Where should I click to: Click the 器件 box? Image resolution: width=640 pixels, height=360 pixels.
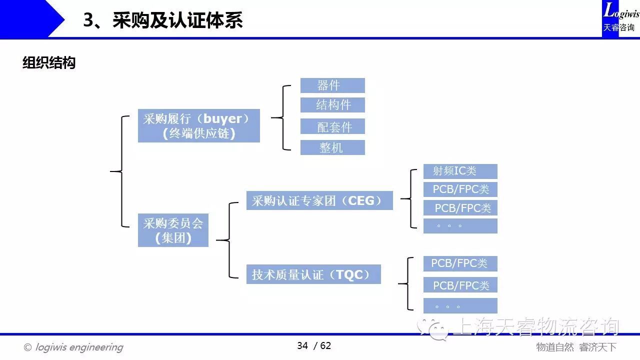(x=332, y=85)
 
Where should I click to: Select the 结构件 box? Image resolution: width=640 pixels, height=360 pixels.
(x=332, y=105)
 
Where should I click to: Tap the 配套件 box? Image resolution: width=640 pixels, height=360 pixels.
(x=332, y=126)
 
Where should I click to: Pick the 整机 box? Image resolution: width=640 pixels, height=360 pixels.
(x=332, y=147)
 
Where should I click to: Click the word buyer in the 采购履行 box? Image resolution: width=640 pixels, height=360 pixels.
(x=222, y=119)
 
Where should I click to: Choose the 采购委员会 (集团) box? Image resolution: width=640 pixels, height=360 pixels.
(x=173, y=230)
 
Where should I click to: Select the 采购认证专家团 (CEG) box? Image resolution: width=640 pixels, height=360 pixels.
(x=319, y=200)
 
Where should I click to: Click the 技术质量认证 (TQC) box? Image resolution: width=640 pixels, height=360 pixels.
(x=313, y=274)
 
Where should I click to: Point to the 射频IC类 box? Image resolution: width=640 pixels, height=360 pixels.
(x=460, y=171)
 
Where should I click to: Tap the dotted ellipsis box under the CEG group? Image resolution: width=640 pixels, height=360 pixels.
(x=460, y=226)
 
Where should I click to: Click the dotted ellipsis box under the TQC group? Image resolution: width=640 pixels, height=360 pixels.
(x=460, y=305)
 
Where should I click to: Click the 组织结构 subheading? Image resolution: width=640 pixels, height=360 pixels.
(x=49, y=62)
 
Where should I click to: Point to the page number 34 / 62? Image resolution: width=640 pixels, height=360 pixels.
(x=314, y=345)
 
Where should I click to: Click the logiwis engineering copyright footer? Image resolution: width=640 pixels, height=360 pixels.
(x=73, y=347)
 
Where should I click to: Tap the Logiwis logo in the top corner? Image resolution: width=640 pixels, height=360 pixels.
(x=620, y=17)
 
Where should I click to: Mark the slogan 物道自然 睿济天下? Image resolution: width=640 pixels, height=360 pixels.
(x=576, y=347)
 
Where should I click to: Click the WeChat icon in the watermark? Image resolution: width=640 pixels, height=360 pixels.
(x=432, y=329)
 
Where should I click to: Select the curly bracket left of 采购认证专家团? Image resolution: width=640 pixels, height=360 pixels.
(x=227, y=240)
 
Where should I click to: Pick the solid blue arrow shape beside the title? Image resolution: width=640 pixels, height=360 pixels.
(x=32, y=18)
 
